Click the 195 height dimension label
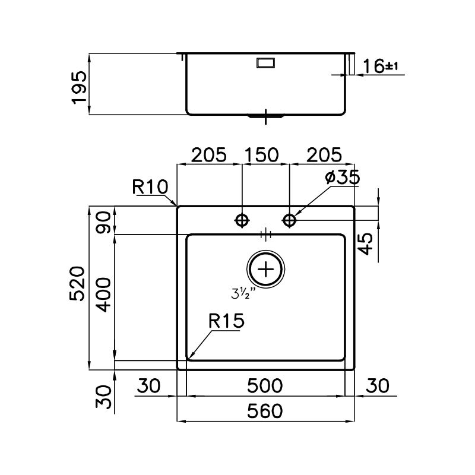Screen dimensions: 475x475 (x=80, y=87)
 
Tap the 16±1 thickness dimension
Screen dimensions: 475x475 (x=381, y=66)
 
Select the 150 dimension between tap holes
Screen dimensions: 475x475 (x=262, y=155)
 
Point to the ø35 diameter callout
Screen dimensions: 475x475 (x=343, y=177)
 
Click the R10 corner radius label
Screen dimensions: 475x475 (x=150, y=186)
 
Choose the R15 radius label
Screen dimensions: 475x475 (x=226, y=321)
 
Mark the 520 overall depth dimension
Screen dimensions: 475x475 (x=77, y=284)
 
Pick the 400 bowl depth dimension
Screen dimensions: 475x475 (x=103, y=295)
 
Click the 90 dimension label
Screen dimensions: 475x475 (x=103, y=222)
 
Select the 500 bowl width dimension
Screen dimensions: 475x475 (x=265, y=386)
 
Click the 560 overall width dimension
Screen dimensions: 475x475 (x=265, y=411)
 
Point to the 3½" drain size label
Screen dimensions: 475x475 (x=243, y=294)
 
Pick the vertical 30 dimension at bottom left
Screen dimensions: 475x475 (x=103, y=397)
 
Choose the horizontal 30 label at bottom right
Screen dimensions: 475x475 (x=378, y=386)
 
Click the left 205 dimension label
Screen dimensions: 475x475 (x=209, y=155)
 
